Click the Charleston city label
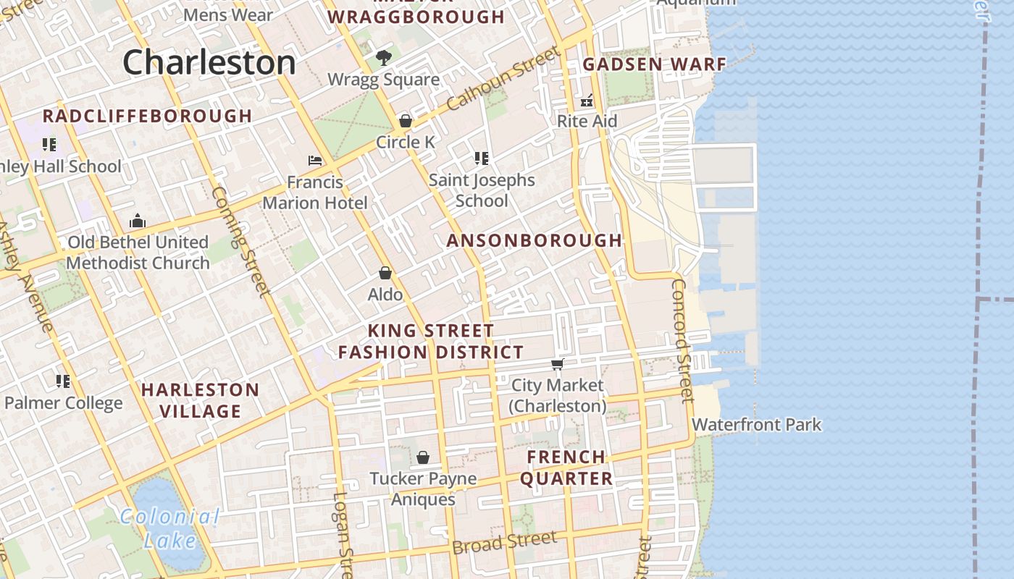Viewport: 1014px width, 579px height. click(209, 62)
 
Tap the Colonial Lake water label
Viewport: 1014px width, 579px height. click(169, 528)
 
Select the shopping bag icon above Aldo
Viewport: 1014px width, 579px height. click(385, 273)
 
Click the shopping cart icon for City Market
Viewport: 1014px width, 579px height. click(557, 364)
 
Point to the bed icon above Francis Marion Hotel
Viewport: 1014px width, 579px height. click(315, 160)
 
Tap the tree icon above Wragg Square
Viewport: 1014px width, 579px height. click(384, 58)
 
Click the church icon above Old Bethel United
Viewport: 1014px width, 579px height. click(138, 221)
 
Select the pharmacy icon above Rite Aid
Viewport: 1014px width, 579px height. click(587, 100)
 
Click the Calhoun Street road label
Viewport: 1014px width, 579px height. click(504, 78)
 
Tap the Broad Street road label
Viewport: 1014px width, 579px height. click(504, 541)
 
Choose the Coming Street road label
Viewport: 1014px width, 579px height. click(240, 241)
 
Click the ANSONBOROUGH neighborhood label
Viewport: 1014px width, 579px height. click(535, 240)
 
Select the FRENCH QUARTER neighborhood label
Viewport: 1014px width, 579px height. click(566, 468)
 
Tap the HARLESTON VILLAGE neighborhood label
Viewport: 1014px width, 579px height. click(200, 400)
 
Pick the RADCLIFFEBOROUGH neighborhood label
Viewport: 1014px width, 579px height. click(148, 116)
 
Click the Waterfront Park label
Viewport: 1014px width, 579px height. click(757, 424)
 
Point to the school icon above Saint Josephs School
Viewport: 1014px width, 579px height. click(482, 158)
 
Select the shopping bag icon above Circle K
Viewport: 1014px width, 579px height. click(406, 121)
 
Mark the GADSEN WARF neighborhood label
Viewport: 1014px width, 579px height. click(654, 64)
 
